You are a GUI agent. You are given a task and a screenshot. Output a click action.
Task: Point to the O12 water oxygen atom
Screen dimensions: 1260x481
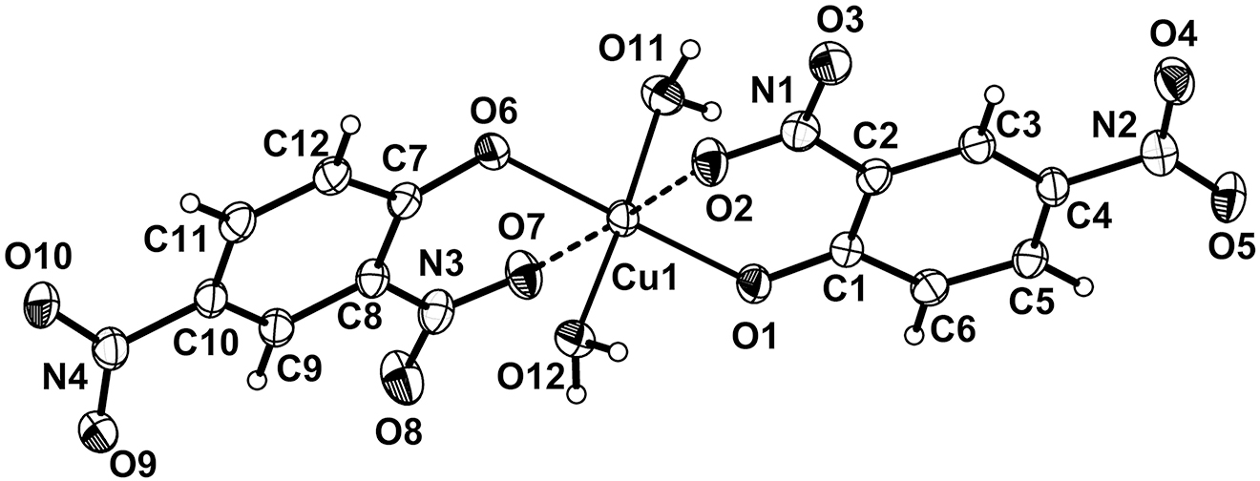tap(574, 338)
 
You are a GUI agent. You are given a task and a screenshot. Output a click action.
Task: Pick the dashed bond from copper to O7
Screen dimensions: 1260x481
tap(574, 243)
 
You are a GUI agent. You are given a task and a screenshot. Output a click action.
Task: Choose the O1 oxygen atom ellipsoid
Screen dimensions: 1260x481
tap(754, 285)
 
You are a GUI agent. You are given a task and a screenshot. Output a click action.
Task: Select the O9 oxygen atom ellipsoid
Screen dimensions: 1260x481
tap(98, 432)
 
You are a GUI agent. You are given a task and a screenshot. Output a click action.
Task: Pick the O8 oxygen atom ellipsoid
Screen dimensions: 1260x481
tap(401, 383)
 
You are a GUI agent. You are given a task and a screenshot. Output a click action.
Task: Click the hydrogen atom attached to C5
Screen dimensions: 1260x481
tap(1086, 286)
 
